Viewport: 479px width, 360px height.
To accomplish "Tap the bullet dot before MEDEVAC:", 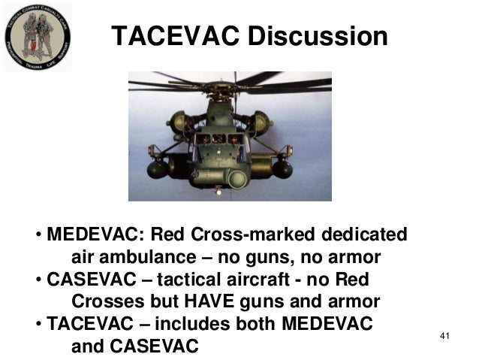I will pyautogui.click(x=38, y=235).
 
